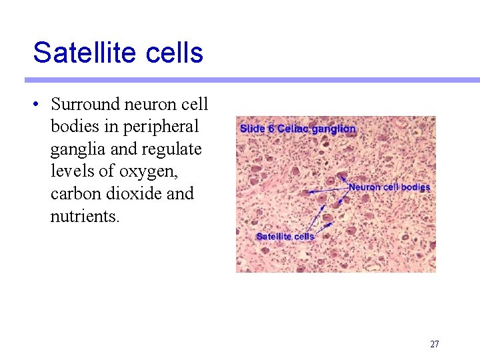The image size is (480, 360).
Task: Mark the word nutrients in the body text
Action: tap(85, 216)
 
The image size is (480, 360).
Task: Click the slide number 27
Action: tap(434, 345)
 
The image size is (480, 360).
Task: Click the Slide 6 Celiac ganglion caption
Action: tap(297, 129)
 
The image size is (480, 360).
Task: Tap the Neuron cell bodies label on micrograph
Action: tap(389, 187)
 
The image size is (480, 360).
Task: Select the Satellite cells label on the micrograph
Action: tap(285, 236)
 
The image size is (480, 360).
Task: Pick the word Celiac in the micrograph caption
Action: tap(294, 129)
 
